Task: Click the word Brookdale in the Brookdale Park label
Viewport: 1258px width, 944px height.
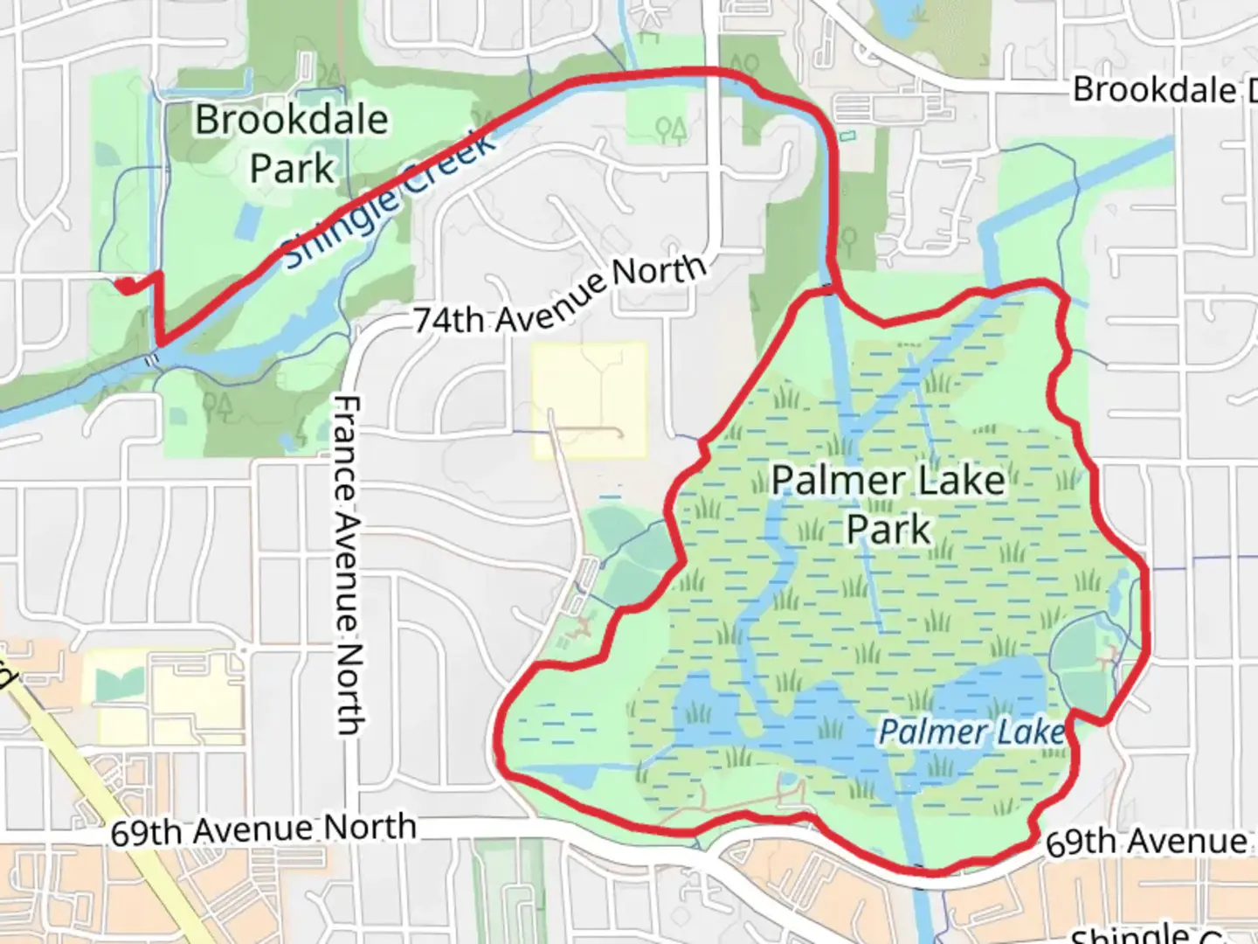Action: [x=291, y=120]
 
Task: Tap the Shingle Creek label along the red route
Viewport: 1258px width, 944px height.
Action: [x=390, y=200]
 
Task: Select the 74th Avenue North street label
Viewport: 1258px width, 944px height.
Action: [x=559, y=295]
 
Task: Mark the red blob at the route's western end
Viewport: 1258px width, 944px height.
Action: [x=127, y=285]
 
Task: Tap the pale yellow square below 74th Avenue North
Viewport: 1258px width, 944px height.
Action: [x=590, y=399]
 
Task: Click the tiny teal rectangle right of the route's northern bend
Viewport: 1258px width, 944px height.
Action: [x=847, y=136]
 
